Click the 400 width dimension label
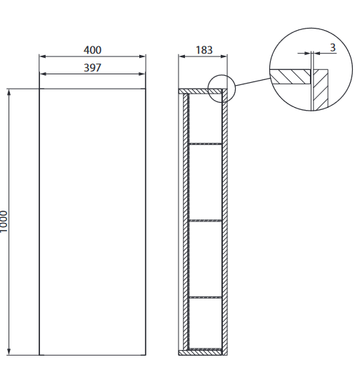click(92, 50)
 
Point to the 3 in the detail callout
click(333, 47)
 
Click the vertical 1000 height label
click(5, 221)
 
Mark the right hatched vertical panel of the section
click(224, 221)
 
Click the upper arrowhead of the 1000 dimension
click(9, 93)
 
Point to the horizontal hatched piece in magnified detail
click(290, 74)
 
